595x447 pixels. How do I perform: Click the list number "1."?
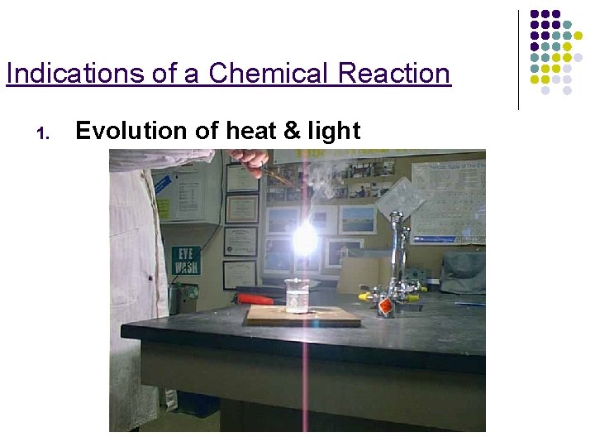45,132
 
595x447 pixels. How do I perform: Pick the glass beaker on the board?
297,296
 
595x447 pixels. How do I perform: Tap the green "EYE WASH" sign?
186,260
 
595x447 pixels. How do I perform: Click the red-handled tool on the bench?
255,298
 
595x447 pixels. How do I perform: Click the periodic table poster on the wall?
447,199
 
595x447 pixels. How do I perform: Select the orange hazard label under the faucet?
384,307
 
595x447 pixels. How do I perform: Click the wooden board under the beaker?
303,315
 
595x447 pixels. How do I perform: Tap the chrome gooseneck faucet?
399,248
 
